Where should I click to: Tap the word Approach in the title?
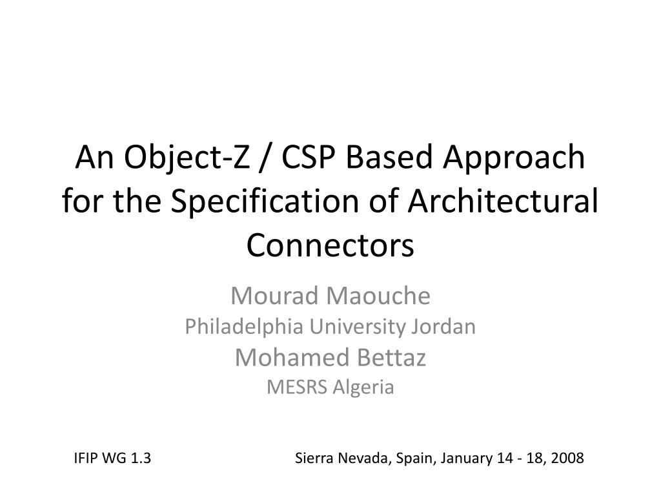514,158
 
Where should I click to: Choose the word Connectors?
330,245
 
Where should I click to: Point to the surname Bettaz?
392,357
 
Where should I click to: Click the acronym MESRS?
297,387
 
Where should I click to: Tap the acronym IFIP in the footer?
86,458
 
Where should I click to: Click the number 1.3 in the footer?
141,458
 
